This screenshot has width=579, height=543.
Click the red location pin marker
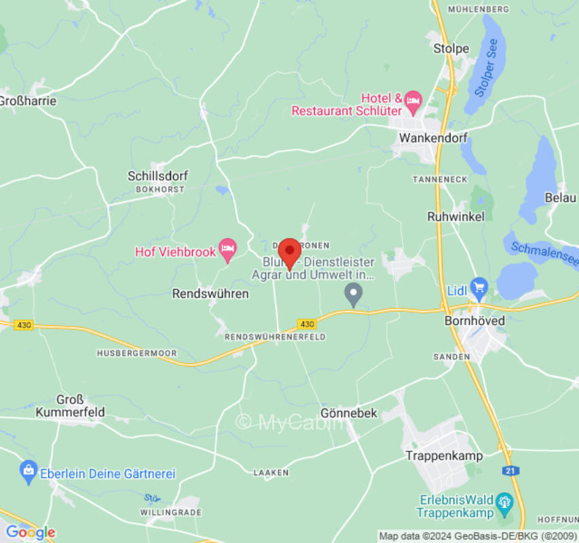click(x=290, y=252)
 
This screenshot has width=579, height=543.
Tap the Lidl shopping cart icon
click(x=479, y=287)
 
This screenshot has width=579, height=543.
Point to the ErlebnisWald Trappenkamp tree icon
click(x=504, y=503)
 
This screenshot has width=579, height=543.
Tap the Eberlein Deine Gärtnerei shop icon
click(x=29, y=469)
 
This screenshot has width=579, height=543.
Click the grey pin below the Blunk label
click(x=353, y=294)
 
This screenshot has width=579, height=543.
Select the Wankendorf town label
click(x=434, y=138)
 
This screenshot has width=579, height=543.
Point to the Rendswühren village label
click(x=210, y=294)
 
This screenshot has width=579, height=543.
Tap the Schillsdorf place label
click(x=157, y=176)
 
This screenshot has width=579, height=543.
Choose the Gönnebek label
click(x=348, y=413)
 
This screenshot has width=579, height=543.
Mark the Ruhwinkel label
click(x=455, y=217)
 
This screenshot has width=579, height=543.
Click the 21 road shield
click(x=510, y=470)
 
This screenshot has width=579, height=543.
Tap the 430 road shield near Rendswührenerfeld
click(x=306, y=324)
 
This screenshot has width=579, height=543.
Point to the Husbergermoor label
click(x=136, y=354)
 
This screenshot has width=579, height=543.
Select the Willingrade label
click(x=172, y=512)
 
